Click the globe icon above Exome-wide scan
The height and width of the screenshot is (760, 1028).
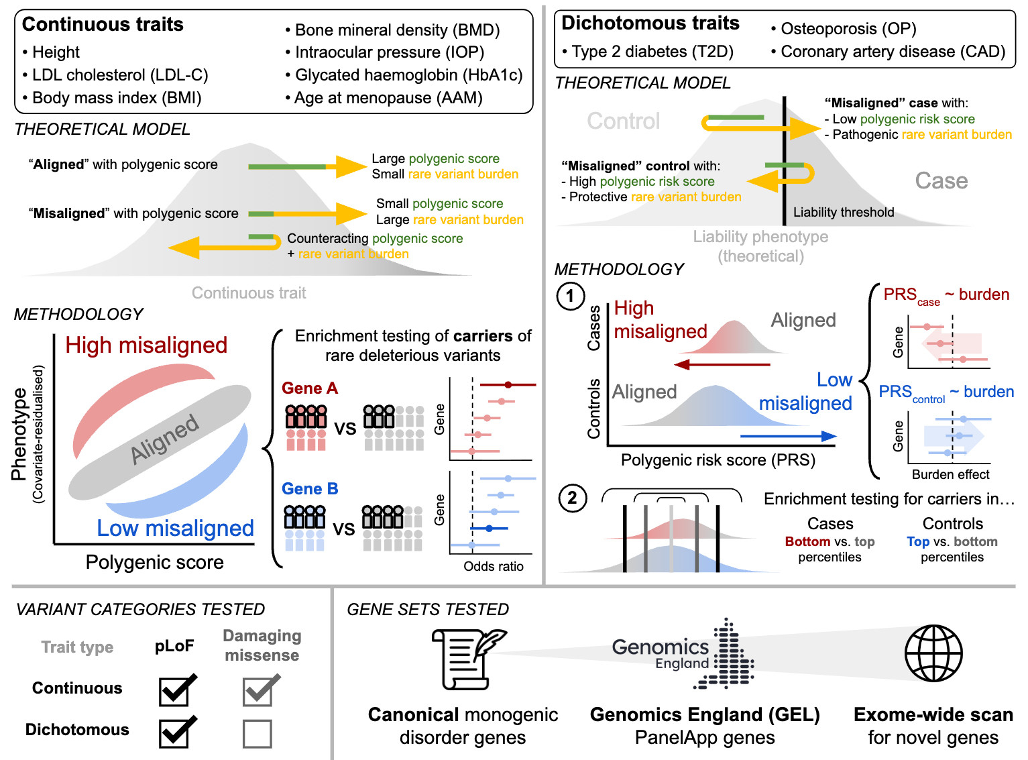pos(933,653)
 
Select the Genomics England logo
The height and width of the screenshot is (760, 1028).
pos(683,654)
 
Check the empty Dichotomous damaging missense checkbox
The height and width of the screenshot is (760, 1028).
pos(257,734)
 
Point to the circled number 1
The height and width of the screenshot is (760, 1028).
pos(570,296)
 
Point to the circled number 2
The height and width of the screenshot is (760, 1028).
pos(572,498)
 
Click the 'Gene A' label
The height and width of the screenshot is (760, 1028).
pos(310,388)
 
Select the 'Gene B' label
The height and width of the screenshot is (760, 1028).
pos(310,489)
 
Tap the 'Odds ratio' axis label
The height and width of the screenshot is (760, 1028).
pos(494,566)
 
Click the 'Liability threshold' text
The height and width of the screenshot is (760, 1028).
pos(844,212)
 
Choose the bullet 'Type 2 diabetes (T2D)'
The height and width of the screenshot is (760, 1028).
pos(648,52)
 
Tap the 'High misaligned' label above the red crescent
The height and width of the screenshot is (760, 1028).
pos(146,345)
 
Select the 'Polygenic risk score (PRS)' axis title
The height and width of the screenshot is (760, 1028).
pos(718,459)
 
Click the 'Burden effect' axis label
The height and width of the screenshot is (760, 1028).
pos(950,474)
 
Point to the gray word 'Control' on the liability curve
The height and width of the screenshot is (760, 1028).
pos(624,121)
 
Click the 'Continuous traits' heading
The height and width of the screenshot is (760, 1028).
pos(103,24)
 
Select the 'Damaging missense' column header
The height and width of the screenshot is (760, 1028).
pos(262,645)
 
